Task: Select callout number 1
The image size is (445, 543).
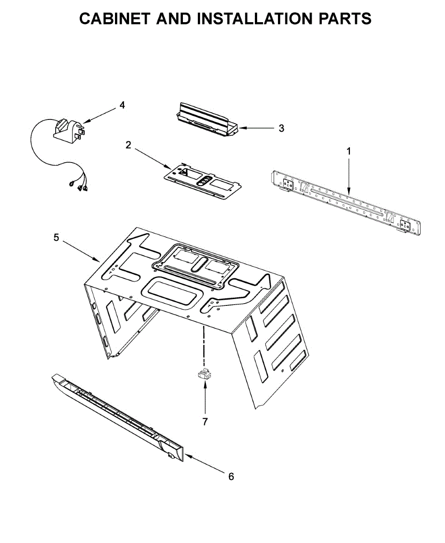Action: click(x=349, y=151)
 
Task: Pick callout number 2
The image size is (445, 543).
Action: click(x=128, y=145)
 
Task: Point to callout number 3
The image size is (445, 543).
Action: click(x=281, y=128)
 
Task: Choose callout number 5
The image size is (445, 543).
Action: click(x=56, y=237)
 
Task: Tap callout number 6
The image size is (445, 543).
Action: click(x=231, y=476)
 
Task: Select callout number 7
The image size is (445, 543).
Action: click(x=205, y=422)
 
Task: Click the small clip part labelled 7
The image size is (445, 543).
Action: click(x=204, y=373)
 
